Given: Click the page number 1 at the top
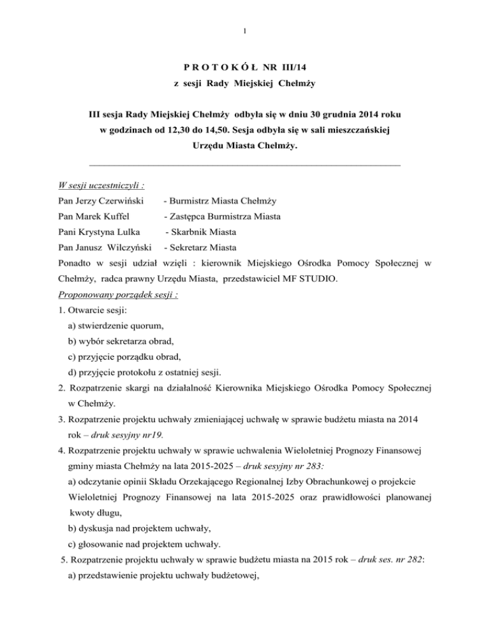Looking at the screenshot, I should coord(245,29).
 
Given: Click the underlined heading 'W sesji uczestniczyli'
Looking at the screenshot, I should coord(98,186).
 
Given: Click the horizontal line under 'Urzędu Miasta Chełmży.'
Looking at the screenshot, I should coord(245,165).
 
